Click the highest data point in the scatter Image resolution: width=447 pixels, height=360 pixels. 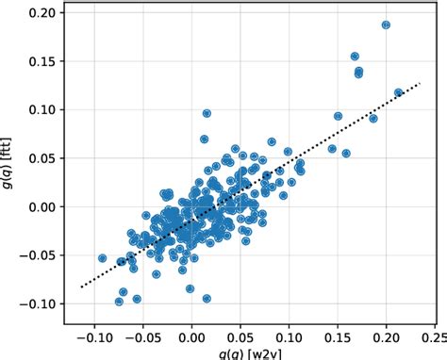(x=386, y=25)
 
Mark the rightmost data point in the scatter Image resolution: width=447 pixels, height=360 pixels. (x=398, y=92)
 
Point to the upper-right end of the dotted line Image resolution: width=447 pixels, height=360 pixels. (x=420, y=83)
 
